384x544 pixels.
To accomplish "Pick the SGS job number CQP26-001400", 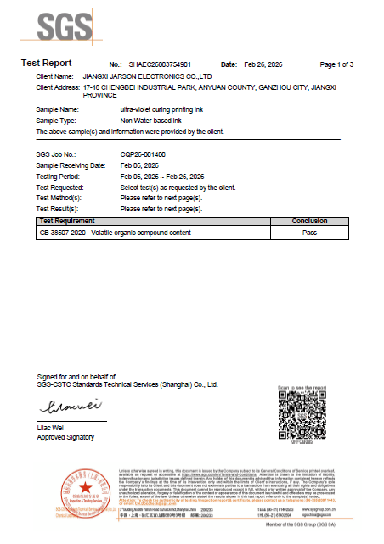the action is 143,154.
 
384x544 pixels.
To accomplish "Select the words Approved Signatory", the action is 65,437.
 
